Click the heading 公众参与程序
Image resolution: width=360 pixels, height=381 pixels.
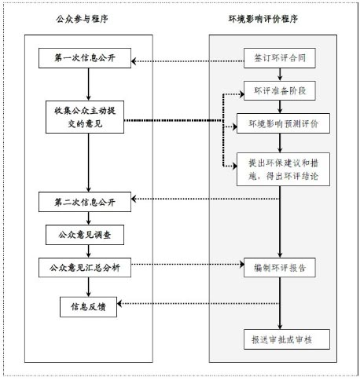[x=82, y=19]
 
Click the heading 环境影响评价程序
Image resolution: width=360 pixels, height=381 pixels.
[x=263, y=19]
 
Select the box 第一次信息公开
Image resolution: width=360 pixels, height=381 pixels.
[x=85, y=58]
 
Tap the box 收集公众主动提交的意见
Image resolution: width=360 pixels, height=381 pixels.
[x=85, y=117]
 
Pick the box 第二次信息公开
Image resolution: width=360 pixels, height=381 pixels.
[x=85, y=202]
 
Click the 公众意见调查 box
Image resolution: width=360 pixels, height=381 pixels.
[x=85, y=235]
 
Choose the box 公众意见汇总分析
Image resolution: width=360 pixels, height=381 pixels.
[x=85, y=268]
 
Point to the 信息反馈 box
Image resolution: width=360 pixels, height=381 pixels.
[x=88, y=307]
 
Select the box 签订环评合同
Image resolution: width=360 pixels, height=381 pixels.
[x=280, y=58]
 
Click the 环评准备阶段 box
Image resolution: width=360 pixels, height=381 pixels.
[x=280, y=91]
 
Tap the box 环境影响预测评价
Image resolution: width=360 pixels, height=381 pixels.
[x=283, y=123]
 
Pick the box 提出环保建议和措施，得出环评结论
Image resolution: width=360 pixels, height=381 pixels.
[x=283, y=170]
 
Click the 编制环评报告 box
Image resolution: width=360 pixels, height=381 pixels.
[x=280, y=268]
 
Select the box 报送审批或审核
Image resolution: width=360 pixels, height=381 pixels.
[x=287, y=339]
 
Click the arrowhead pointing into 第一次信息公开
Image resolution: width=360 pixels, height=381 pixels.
[x=134, y=61]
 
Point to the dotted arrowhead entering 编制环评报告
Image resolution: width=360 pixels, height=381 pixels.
[x=242, y=264]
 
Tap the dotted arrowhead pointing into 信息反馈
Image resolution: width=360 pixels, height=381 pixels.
[x=119, y=304]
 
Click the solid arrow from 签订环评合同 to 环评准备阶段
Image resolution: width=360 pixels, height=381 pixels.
[x=280, y=75]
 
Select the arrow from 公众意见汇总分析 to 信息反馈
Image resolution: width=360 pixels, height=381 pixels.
[x=88, y=287]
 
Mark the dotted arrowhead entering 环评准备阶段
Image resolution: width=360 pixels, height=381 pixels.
[x=242, y=94]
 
